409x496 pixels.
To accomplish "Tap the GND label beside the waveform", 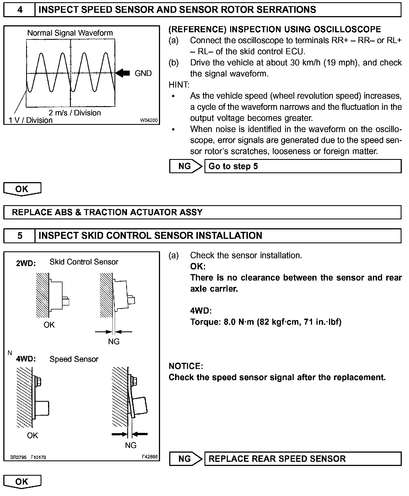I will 143,73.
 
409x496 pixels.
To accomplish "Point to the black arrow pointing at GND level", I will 123,73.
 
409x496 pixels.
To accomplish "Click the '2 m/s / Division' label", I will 75,113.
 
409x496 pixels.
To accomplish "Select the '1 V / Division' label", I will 31,120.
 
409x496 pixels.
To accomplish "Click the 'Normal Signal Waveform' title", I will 70,33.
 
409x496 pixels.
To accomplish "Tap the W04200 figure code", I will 149,120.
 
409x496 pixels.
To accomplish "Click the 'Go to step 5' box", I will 303,166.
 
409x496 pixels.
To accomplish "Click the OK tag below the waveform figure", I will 22,189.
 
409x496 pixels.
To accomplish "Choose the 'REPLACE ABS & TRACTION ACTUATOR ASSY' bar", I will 202,212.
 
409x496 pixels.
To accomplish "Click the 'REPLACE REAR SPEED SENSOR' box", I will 303,458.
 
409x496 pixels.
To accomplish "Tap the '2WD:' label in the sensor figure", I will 26,263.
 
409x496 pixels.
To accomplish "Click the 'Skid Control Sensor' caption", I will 84,262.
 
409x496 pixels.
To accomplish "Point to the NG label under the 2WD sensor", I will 114,341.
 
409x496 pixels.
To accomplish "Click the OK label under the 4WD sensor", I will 33,435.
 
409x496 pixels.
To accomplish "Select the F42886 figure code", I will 150,457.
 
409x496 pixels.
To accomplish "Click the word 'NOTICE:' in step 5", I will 186,366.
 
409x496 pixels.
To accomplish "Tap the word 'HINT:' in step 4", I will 179,85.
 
